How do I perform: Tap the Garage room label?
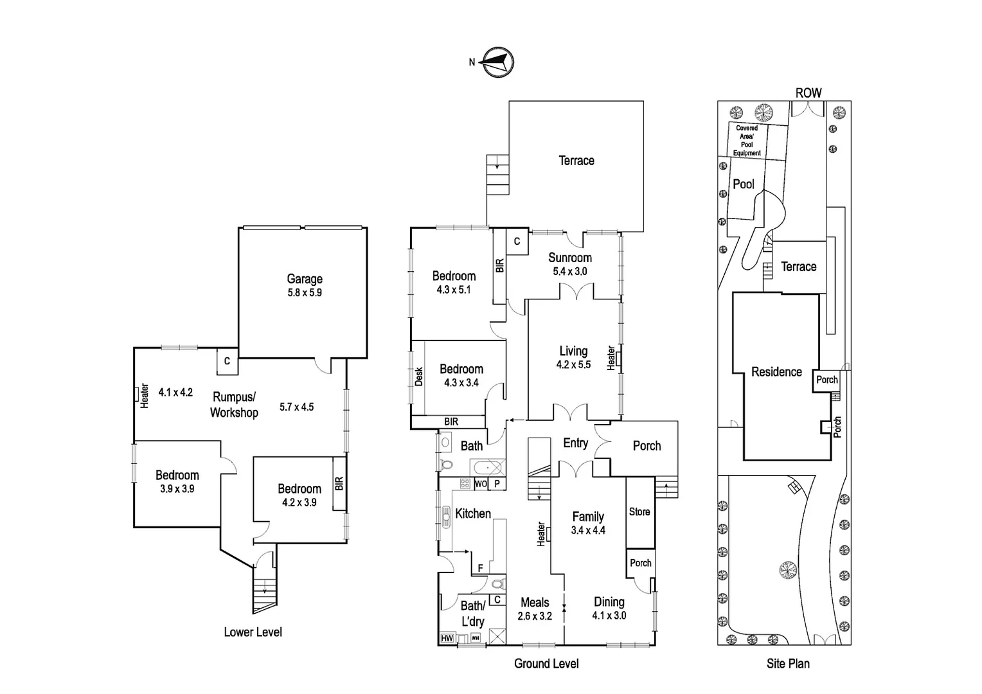305,279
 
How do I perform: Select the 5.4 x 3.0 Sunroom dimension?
570,271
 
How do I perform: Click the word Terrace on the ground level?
576,161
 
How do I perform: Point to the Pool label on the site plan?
744,184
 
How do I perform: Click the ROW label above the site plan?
808,93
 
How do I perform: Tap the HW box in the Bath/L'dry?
447,638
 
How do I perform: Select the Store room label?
639,512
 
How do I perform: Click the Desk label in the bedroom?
418,377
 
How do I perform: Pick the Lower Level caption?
253,632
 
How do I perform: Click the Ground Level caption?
546,664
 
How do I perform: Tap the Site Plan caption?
788,664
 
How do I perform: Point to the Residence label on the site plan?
776,372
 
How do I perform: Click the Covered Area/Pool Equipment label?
747,140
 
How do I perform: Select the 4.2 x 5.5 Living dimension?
573,365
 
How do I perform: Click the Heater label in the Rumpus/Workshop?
145,396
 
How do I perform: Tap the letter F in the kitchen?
480,568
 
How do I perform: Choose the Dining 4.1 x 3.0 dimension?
609,616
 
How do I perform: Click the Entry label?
575,443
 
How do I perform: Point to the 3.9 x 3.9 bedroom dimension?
177,489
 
